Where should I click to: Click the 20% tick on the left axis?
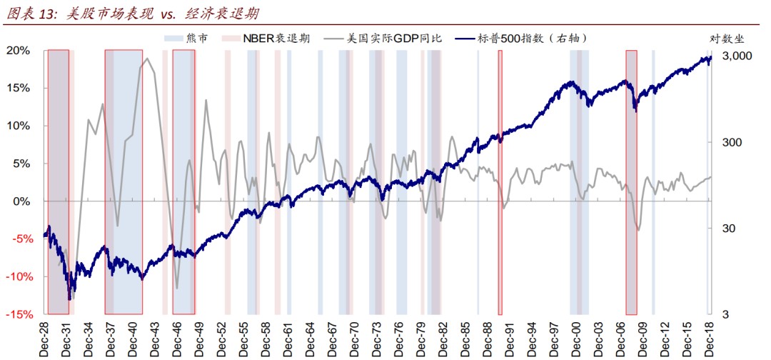[19, 51]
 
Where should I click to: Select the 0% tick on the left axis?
[22, 201]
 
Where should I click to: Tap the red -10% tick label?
[19, 276]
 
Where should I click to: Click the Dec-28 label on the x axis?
[46, 337]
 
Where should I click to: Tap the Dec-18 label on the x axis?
[710, 337]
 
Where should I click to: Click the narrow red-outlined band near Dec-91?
[500, 182]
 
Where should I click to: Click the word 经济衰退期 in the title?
[215, 13]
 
